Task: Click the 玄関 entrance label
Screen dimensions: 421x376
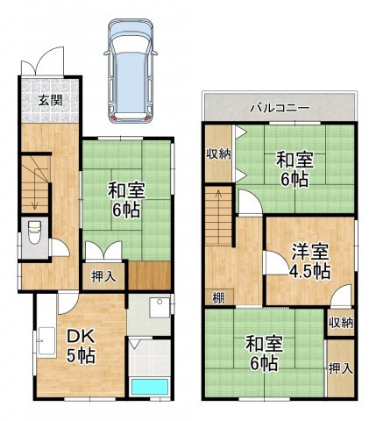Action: point(48,98)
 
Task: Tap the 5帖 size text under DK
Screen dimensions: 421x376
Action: point(81,355)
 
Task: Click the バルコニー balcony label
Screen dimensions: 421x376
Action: point(278,108)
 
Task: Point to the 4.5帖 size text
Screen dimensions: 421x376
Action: point(309,270)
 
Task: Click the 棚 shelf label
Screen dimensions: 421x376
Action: point(217,296)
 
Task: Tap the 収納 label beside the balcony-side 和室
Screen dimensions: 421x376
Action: point(219,154)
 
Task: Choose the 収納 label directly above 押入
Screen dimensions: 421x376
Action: point(340,322)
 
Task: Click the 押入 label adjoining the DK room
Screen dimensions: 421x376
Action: point(104,276)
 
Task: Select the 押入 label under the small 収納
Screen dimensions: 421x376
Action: point(340,368)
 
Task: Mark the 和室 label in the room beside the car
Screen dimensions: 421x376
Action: point(126,189)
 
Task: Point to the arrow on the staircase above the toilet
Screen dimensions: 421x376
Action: point(33,198)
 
